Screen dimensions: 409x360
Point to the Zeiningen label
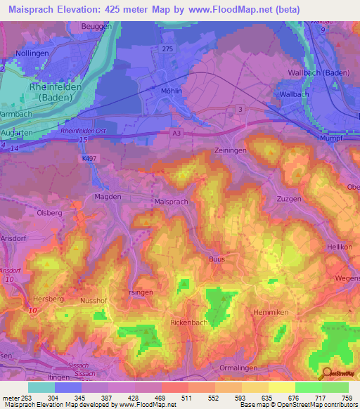click(231, 151)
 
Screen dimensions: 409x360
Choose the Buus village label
click(217, 259)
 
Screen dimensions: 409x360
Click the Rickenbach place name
click(188, 322)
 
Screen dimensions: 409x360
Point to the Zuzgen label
click(289, 199)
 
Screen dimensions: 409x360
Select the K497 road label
click(89, 159)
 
